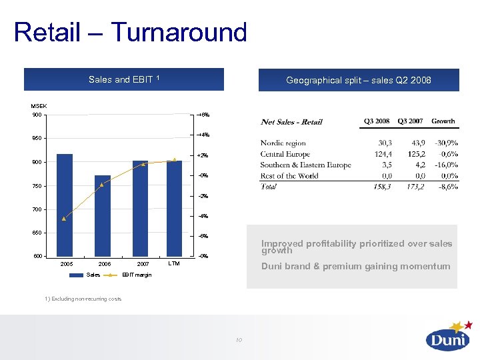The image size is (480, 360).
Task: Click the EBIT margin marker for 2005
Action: [x=64, y=219]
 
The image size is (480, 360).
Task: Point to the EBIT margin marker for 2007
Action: [x=143, y=164]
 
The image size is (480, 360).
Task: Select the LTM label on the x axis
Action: [x=174, y=264]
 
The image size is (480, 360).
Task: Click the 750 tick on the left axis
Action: [x=36, y=186]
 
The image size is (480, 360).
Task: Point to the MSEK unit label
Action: [x=39, y=106]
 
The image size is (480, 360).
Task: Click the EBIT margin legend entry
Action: [x=136, y=275]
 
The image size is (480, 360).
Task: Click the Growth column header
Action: [x=443, y=121]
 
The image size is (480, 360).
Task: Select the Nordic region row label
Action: [x=283, y=143]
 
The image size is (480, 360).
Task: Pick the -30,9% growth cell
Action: [x=443, y=143]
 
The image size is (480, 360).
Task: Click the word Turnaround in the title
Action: [x=178, y=32]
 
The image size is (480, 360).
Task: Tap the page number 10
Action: [x=238, y=341]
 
